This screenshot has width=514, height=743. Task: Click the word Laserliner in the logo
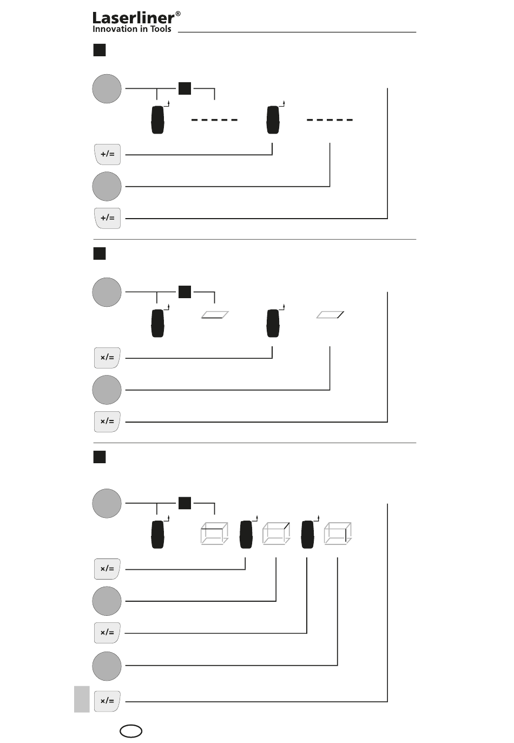point(133,18)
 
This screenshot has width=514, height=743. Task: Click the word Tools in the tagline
point(161,29)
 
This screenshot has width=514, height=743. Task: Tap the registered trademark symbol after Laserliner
point(178,14)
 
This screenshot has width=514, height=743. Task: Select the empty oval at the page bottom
point(130,731)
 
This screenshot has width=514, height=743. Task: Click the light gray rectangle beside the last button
point(82,699)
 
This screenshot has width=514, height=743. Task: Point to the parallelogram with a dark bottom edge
point(215,315)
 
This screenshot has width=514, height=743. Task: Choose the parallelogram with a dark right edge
point(330,315)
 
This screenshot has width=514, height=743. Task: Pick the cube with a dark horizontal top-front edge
point(214,534)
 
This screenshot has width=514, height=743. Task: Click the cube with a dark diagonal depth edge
point(276,534)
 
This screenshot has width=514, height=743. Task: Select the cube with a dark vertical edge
point(338,534)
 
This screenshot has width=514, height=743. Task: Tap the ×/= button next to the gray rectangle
point(107,701)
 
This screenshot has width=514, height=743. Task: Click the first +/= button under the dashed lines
point(107,154)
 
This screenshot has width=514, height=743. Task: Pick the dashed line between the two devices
point(214,120)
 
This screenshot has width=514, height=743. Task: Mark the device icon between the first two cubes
point(246,534)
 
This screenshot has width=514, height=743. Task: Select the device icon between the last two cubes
point(307,534)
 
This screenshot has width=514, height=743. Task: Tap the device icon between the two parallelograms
point(273,324)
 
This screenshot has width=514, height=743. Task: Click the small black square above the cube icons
point(184,503)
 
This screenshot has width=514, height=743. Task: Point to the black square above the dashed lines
point(184,89)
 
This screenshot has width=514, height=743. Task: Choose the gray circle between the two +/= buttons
point(107,186)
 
